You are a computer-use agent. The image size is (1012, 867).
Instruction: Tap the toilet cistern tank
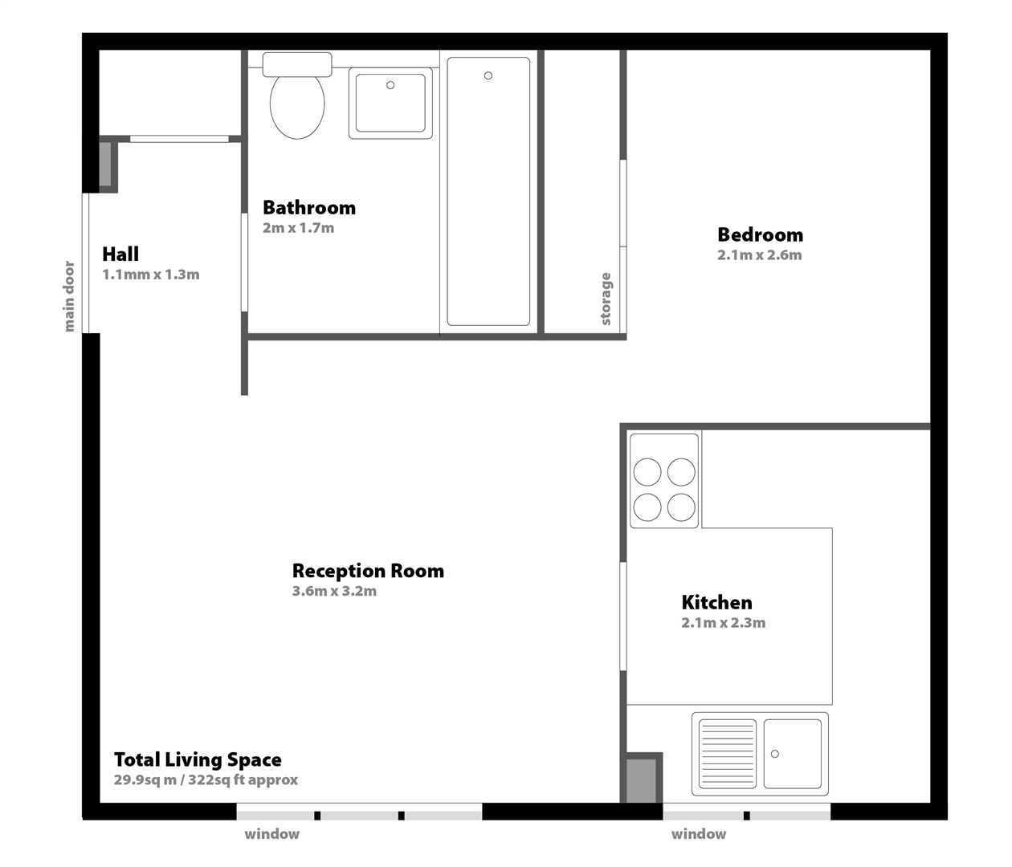297,64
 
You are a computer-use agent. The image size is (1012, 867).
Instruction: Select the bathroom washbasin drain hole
390,85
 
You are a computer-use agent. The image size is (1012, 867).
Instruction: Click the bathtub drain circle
488,75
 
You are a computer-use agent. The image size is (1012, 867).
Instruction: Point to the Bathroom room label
309,207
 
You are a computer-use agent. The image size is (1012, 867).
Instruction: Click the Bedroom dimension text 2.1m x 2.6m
759,255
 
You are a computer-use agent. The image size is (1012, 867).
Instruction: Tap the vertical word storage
606,299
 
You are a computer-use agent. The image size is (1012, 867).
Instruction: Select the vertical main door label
69,296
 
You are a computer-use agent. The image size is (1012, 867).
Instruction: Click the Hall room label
120,254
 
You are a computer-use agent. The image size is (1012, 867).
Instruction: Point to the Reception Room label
368,571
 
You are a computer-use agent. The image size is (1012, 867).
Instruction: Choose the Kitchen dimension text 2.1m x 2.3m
723,622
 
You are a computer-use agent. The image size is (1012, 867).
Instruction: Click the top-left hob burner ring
647,472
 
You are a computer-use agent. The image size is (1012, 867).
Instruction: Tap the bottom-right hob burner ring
681,507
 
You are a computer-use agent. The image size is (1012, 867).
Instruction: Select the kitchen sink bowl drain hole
774,754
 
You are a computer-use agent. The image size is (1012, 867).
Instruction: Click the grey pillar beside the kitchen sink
642,780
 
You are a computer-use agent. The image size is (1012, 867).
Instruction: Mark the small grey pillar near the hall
105,164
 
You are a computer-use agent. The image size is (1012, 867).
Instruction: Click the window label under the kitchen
699,834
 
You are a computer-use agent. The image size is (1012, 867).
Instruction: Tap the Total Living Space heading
198,760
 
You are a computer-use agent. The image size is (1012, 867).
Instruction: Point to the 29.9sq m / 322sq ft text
206,779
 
